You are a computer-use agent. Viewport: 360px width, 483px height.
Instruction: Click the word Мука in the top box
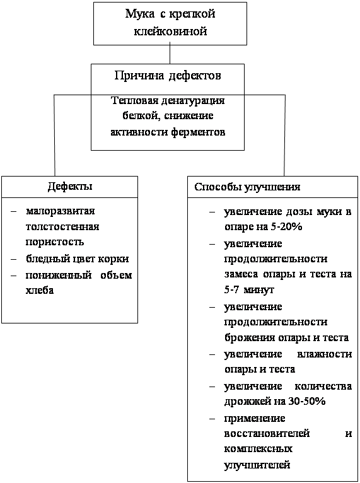pos(140,14)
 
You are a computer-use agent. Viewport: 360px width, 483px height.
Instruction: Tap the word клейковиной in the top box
pos(170,31)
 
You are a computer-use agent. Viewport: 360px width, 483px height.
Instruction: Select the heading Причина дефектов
pos(168,76)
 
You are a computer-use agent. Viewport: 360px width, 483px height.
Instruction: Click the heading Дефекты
pos(70,187)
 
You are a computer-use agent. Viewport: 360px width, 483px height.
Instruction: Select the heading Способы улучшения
pos(247,187)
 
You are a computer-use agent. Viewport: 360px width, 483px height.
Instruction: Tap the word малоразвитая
pos(61,211)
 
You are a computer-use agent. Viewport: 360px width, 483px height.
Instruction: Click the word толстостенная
pos(62,227)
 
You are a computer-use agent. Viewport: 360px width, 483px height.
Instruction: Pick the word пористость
pos(55,242)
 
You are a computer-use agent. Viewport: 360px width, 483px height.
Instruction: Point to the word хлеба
pos(40,290)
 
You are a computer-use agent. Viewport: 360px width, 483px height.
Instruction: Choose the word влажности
pos(324,354)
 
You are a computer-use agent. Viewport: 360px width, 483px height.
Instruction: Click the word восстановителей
pos(267,433)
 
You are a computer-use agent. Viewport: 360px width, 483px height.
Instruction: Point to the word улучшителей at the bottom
pos(257,465)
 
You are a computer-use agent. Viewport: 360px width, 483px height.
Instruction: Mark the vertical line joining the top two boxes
pos(170,54)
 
